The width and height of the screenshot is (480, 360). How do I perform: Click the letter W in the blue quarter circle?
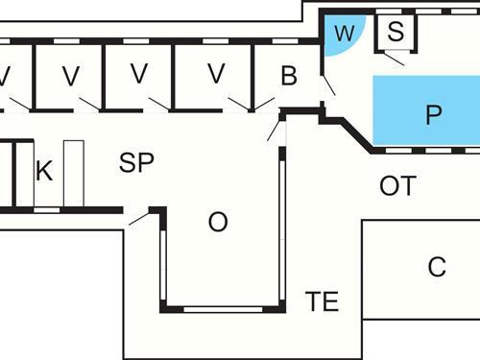pos(343,34)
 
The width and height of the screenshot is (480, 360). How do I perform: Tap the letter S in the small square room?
pos(396,30)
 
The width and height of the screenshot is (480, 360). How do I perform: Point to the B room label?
pos(289,76)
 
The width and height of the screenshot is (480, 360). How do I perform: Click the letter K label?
pos(43,172)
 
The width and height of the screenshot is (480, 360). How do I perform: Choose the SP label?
pos(136,163)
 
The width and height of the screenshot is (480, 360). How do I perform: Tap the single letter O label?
pos(218,223)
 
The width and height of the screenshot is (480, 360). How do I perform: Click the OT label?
pos(397,186)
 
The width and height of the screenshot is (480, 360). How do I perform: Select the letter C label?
pos(437,268)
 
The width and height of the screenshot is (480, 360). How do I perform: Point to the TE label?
pos(323,301)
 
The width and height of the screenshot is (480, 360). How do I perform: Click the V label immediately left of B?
pos(216,73)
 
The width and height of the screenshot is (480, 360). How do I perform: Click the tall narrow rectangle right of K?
pos(74,173)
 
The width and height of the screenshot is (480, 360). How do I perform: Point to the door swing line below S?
pos(394,57)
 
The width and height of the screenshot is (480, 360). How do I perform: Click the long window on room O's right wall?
pos(282,230)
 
